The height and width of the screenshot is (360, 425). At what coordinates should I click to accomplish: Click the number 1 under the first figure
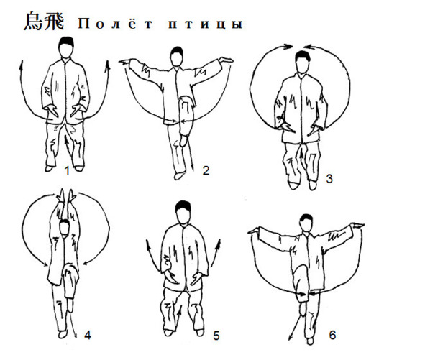(67, 170)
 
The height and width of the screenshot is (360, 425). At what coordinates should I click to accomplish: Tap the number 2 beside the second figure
(206, 170)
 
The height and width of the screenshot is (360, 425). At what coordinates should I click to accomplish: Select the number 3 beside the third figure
(329, 179)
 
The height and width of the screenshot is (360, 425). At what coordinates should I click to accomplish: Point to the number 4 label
(88, 336)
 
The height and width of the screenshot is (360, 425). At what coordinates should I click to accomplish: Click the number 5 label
(216, 336)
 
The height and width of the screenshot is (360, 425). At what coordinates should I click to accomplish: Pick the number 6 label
(332, 335)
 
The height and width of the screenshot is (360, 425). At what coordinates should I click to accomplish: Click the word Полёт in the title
(116, 24)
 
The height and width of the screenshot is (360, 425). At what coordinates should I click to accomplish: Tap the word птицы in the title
(205, 24)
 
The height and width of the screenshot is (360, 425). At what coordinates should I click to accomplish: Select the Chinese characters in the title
(44, 21)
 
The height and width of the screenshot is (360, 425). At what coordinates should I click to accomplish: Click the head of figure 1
(66, 47)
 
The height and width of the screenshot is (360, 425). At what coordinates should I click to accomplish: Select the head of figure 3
(302, 62)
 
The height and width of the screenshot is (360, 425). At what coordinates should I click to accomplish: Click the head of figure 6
(306, 223)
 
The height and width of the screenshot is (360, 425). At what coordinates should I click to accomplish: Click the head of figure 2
(177, 56)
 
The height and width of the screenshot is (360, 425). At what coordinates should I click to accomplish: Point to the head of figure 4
(64, 228)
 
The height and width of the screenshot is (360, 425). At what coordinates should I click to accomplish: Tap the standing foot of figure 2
(179, 176)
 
